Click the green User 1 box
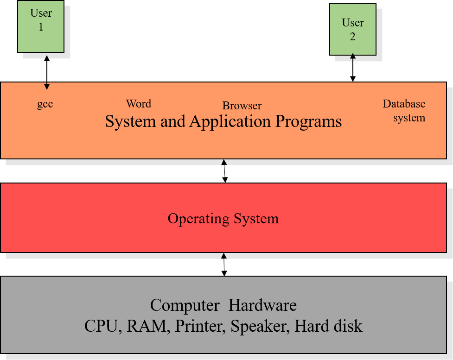(x=41, y=26)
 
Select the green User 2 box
(x=352, y=30)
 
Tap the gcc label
(x=45, y=104)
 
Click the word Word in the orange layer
(x=138, y=103)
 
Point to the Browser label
(x=242, y=106)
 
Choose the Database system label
(x=404, y=111)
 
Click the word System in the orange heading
(x=130, y=122)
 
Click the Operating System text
(x=223, y=218)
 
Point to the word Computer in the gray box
(x=185, y=305)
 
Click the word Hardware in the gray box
(x=262, y=305)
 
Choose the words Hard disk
(x=328, y=326)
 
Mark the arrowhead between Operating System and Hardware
(x=224, y=256)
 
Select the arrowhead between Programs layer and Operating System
(x=224, y=162)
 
